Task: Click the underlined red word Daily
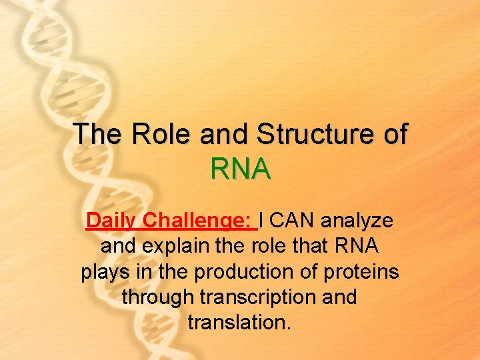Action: click(113, 220)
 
